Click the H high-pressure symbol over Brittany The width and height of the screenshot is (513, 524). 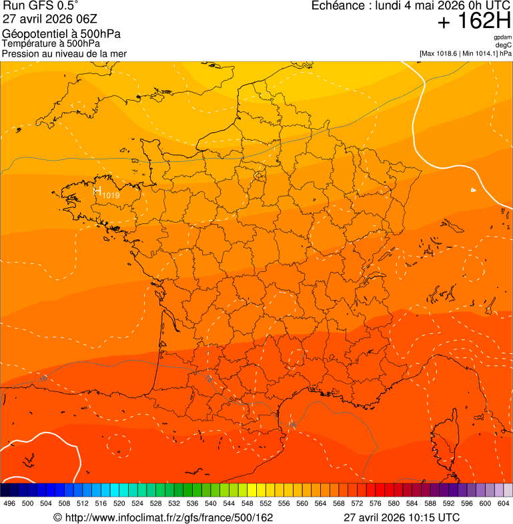pos(97,192)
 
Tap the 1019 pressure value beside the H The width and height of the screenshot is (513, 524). pos(111,195)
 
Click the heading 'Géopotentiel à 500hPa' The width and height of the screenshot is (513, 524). pos(61,34)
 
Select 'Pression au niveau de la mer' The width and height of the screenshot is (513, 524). pos(64,53)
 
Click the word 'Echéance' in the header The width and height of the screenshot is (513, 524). pos(334,6)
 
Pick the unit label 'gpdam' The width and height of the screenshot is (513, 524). pos(502,37)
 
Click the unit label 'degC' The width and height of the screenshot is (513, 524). pos(504,45)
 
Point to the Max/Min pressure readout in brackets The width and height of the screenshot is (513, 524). pos(465,53)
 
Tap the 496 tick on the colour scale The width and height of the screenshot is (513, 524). pos(9,503)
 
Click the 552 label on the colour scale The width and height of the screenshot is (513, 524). pos(265,503)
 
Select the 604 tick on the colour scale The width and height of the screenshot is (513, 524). pos(503,503)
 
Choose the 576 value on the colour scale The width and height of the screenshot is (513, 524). pos(375,503)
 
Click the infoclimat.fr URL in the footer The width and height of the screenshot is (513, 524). pos(163,517)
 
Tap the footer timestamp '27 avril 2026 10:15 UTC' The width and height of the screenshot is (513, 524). pos(401,517)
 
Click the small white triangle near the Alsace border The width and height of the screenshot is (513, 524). pos(474,190)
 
